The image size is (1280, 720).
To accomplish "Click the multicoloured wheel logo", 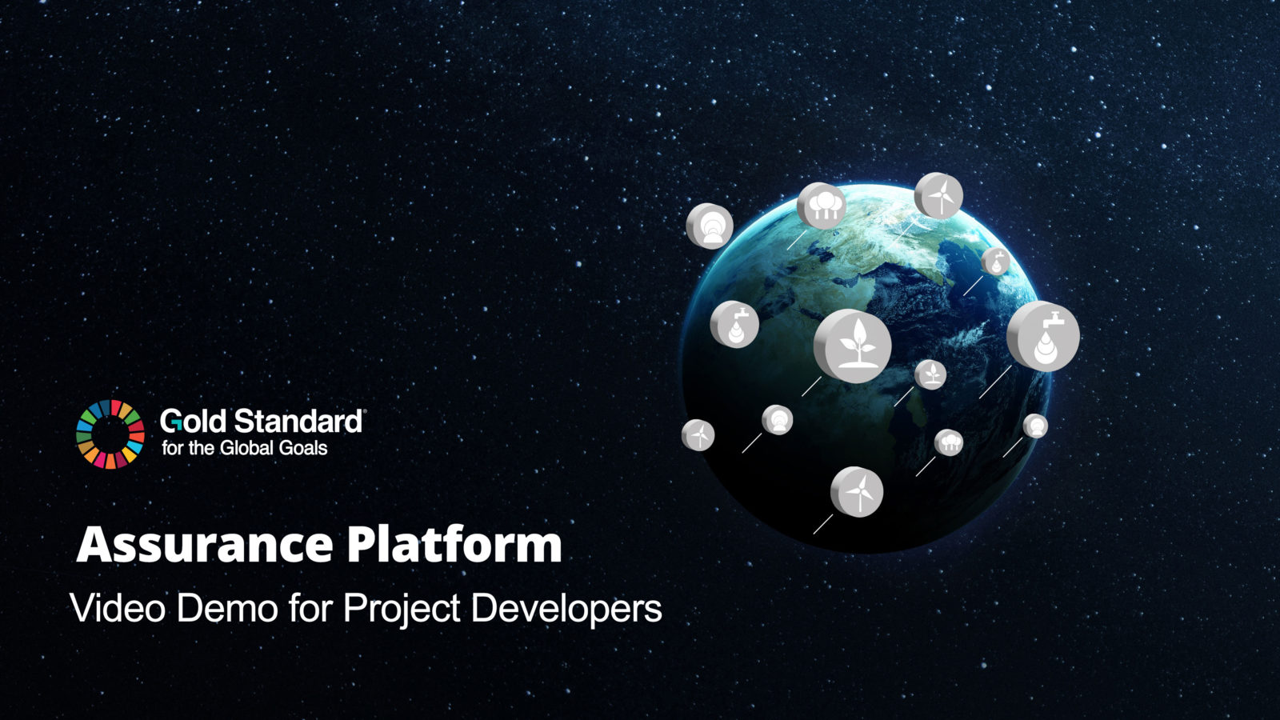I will tap(110, 434).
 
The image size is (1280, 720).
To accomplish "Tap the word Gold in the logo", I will tap(194, 421).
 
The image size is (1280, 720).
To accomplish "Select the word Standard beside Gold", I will tap(299, 421).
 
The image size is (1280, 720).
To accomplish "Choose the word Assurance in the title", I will tap(205, 545).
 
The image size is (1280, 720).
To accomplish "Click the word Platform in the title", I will tap(454, 545).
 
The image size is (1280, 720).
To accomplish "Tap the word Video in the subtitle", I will tap(118, 608).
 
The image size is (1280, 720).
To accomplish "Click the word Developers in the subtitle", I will tap(566, 610).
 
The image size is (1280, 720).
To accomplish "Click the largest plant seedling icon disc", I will tap(853, 346).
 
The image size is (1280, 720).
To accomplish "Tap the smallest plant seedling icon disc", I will tap(930, 374).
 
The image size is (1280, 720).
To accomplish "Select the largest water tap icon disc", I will tap(1043, 336).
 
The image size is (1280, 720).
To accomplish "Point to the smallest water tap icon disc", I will tap(995, 262).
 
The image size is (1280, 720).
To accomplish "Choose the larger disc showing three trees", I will tap(822, 206).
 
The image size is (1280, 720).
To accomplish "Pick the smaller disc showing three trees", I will tap(949, 442).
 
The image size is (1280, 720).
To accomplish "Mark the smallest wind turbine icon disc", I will tap(698, 435).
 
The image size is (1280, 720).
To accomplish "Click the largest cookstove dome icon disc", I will tap(710, 226).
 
